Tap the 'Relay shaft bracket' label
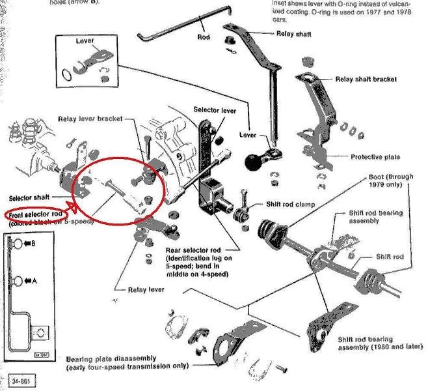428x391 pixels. pyautogui.click(x=366, y=80)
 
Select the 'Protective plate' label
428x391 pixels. pyautogui.click(x=375, y=157)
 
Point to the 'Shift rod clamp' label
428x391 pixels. pyautogui.click(x=291, y=205)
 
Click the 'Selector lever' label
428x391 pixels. pyautogui.click(x=215, y=111)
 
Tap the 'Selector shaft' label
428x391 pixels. pyautogui.click(x=32, y=197)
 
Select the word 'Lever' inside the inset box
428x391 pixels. pyautogui.click(x=85, y=41)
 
